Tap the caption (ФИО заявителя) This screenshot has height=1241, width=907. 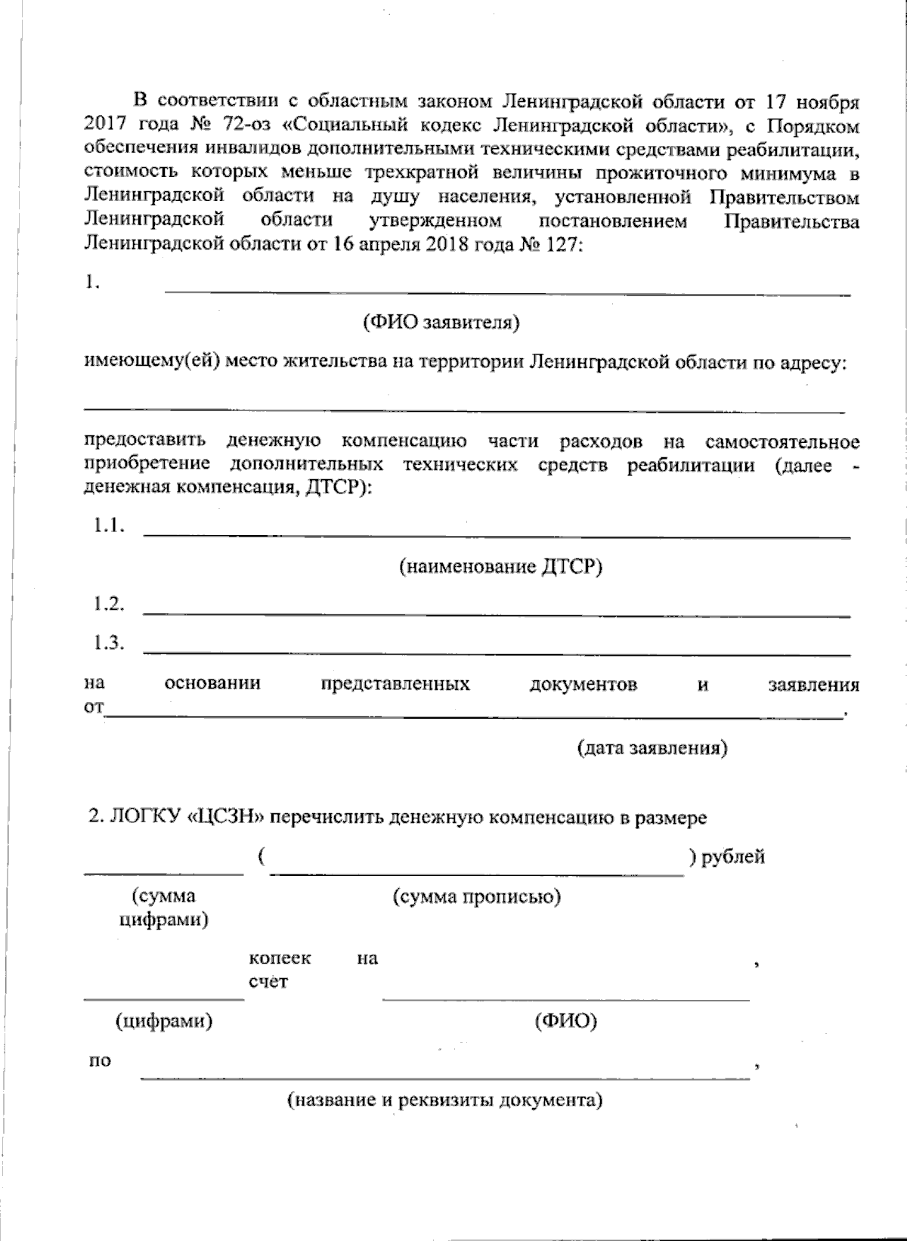(x=441, y=323)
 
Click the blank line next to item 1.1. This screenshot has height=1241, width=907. (x=497, y=536)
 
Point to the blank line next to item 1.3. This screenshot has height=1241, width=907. (x=497, y=653)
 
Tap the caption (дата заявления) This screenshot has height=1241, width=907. (x=652, y=748)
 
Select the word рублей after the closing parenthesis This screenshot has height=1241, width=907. (x=732, y=857)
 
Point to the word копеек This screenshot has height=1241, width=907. (x=280, y=958)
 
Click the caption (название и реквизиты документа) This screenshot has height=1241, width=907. (x=444, y=1100)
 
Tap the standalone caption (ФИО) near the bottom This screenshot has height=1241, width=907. (x=565, y=1022)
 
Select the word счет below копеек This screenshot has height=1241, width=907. (x=268, y=983)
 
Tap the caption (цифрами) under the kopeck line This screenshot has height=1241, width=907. (x=164, y=1022)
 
